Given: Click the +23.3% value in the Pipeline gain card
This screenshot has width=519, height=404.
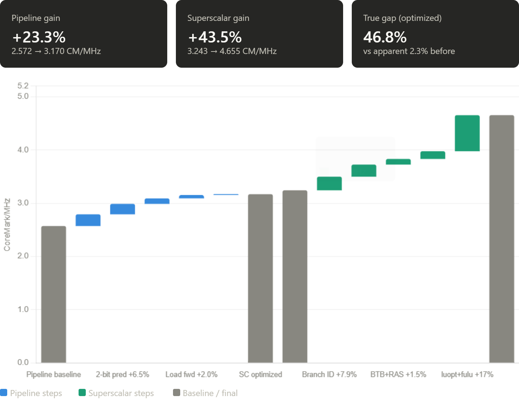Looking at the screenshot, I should (39, 37).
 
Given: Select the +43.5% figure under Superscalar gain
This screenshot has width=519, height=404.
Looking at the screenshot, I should (215, 37).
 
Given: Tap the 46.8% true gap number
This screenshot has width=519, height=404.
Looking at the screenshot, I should (385, 37).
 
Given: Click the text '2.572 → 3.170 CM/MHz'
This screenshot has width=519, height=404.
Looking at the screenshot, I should (56, 51).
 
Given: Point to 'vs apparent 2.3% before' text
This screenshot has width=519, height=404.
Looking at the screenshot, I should (409, 51).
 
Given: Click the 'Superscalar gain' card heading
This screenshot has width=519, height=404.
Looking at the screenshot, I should (218, 18).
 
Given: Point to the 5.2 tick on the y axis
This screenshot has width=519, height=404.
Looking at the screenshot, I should (23, 86).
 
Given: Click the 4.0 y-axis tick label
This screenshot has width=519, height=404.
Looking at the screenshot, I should (23, 149).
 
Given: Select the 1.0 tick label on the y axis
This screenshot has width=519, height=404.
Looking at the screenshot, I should (23, 309).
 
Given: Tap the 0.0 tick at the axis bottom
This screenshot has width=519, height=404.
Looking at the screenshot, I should (23, 362).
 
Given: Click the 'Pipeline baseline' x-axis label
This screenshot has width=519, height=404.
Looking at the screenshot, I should (54, 374).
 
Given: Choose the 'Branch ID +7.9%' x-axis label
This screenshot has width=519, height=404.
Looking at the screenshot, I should (329, 374).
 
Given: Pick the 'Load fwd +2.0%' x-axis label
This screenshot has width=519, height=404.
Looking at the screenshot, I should (191, 374).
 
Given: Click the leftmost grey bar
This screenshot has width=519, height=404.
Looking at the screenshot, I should (54, 294).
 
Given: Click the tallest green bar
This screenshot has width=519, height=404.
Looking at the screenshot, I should (467, 133).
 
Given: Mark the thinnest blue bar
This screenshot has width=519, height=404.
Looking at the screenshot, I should (226, 194).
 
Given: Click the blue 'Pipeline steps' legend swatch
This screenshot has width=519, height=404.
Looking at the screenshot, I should (4, 393).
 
